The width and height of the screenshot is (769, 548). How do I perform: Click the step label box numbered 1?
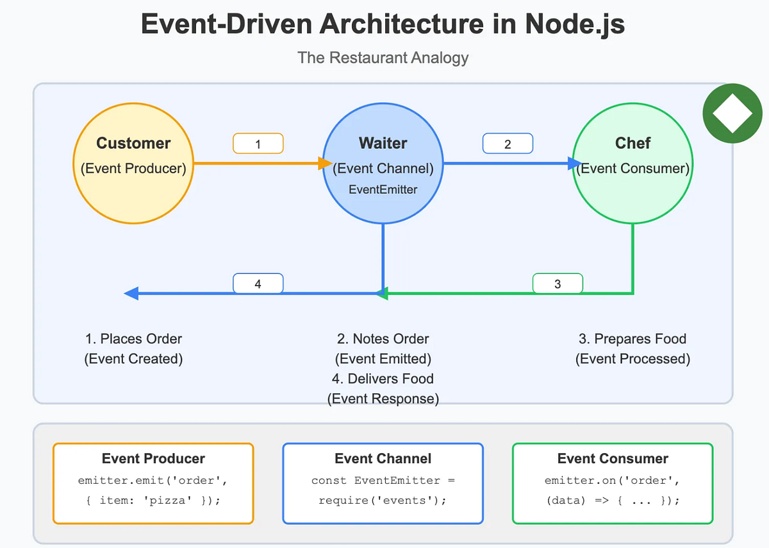(258, 144)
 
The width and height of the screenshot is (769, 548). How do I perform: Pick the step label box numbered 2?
(508, 144)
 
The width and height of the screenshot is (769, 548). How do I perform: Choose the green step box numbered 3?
(558, 284)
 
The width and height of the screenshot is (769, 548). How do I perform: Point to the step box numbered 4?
(258, 284)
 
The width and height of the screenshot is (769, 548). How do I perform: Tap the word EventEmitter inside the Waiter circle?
(383, 190)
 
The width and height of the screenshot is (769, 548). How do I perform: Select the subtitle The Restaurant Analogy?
(383, 58)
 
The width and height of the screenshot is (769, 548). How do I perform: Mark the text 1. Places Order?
(133, 339)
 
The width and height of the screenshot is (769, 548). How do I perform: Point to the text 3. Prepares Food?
(633, 339)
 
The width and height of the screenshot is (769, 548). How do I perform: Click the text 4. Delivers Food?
(383, 379)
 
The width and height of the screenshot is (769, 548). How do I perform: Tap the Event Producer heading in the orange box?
(153, 459)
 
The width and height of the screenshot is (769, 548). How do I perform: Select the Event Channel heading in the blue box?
(383, 459)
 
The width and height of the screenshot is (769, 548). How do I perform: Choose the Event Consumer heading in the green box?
(613, 459)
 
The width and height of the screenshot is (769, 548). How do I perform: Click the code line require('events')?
(383, 501)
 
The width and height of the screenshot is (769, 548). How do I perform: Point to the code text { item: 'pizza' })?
(153, 501)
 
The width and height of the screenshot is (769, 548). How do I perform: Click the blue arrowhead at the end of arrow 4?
(131, 294)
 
